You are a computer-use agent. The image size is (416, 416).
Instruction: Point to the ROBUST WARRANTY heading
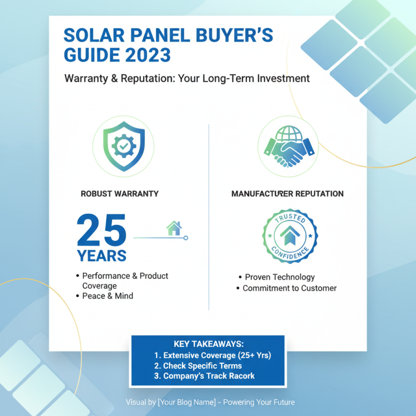tap(120, 193)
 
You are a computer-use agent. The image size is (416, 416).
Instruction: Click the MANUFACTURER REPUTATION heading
tap(287, 193)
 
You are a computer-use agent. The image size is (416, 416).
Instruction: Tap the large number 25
tap(102, 230)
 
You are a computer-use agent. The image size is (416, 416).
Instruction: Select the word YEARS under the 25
tap(102, 256)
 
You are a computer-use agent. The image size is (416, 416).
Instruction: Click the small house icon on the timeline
tap(174, 228)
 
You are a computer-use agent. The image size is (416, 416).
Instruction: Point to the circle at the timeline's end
tap(186, 238)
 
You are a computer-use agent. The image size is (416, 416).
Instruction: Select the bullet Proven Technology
tap(280, 277)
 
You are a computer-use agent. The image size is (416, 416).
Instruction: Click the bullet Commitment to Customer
tap(290, 288)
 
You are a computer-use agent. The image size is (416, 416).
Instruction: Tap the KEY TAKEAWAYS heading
tap(208, 345)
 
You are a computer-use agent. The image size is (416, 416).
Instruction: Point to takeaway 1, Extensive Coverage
tap(213, 355)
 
